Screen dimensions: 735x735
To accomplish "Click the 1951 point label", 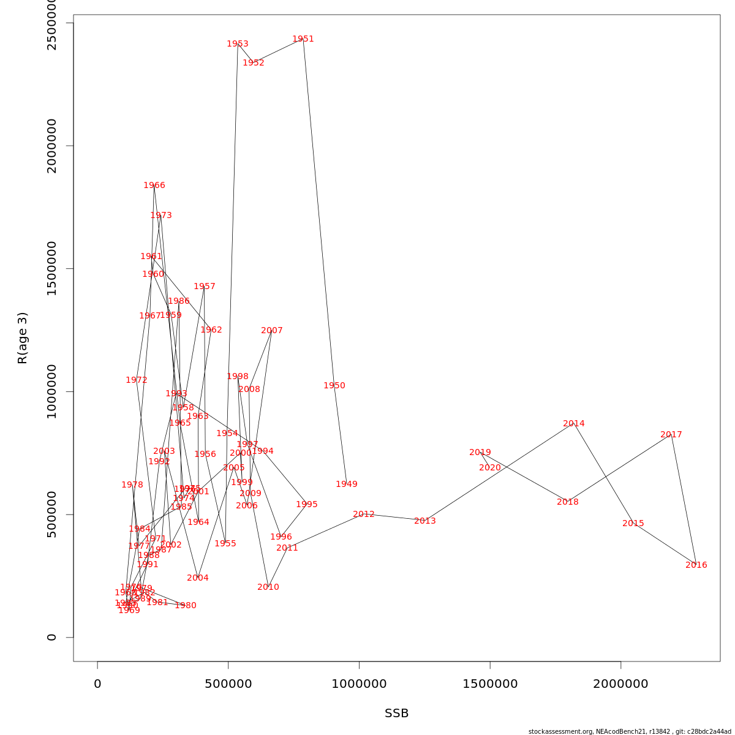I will tap(303, 39).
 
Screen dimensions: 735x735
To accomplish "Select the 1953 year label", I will tap(238, 44).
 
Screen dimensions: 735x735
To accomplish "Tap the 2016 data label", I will tap(696, 565).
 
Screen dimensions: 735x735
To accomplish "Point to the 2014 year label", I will tap(573, 424).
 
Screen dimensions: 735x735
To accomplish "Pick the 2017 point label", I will tap(671, 435).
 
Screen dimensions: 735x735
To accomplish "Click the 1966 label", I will tap(154, 186).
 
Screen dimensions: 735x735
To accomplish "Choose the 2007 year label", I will tap(272, 331).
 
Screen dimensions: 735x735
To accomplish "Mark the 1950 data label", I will tap(334, 386).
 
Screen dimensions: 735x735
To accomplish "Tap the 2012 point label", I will tap(364, 514).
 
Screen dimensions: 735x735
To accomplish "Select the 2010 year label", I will tap(268, 587).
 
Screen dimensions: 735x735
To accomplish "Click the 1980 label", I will tap(186, 606).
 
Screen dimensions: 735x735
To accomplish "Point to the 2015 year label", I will tap(633, 524).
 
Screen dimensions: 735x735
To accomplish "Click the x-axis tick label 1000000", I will tap(359, 684).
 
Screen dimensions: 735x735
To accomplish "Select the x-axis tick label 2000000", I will tap(620, 684).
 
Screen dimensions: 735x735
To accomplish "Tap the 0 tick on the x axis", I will tap(97, 684).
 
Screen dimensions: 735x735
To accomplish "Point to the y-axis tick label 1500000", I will tap(52, 268).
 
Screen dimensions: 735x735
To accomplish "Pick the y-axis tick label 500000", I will tap(52, 514).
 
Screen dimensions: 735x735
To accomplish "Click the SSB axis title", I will tap(396, 714).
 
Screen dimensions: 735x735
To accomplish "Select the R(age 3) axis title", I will tap(23, 338).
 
